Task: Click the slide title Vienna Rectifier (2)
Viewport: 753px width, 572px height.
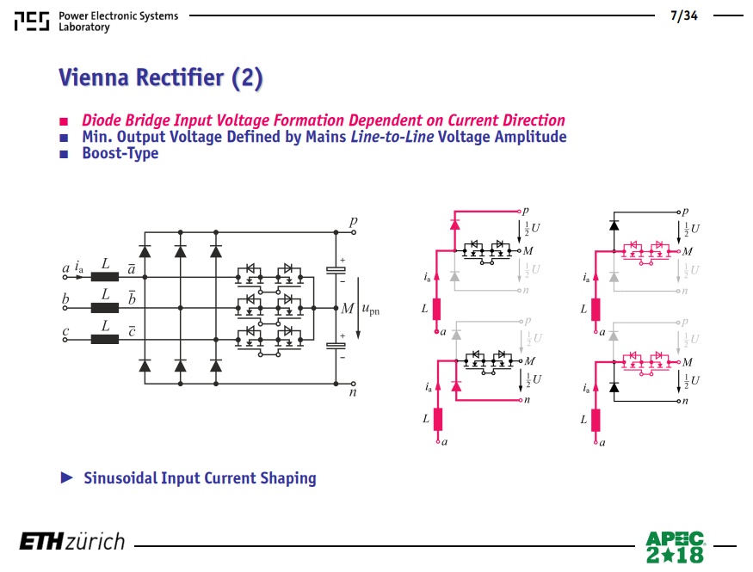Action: click(x=161, y=77)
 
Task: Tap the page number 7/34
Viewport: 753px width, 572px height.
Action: click(x=684, y=15)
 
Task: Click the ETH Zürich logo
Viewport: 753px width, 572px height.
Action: click(x=72, y=541)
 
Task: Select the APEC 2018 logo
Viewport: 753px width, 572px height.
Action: click(x=676, y=546)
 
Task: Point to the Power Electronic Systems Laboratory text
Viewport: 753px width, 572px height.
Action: click(x=118, y=22)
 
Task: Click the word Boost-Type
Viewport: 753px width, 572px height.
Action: click(x=120, y=153)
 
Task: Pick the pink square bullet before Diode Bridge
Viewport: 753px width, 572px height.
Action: click(x=64, y=121)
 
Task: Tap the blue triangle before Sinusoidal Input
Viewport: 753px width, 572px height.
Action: click(x=67, y=477)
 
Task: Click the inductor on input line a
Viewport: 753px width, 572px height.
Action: click(x=105, y=276)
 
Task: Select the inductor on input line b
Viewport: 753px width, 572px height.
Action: click(x=105, y=308)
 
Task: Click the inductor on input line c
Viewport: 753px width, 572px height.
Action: click(x=105, y=339)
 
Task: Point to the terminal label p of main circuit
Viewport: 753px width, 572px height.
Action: click(x=354, y=222)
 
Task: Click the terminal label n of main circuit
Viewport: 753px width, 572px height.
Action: click(x=353, y=392)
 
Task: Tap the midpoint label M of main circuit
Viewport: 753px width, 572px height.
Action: click(x=347, y=308)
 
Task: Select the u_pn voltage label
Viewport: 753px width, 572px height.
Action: click(x=370, y=310)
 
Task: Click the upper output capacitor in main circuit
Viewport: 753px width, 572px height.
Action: click(x=336, y=270)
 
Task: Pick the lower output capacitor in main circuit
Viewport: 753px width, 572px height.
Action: click(x=336, y=346)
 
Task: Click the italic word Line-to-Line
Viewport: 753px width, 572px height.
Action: click(x=392, y=137)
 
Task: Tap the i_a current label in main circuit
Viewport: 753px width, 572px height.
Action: click(x=79, y=268)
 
